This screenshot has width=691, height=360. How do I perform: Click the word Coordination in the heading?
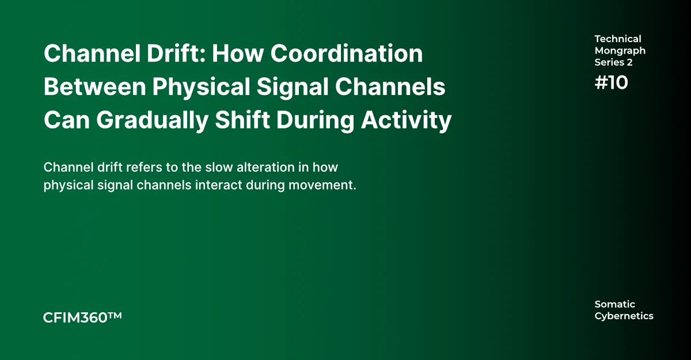click(x=347, y=54)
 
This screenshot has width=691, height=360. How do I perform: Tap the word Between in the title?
click(x=94, y=86)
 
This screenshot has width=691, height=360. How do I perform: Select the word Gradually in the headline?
click(x=153, y=120)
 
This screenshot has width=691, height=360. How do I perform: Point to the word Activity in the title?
click(x=406, y=120)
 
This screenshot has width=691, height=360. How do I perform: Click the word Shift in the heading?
click(x=242, y=120)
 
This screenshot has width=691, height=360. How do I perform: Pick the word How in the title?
click(x=237, y=54)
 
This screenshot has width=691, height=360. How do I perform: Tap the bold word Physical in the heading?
click(x=201, y=88)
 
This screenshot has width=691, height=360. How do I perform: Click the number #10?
click(x=611, y=83)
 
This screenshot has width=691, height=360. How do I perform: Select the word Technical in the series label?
click(x=617, y=39)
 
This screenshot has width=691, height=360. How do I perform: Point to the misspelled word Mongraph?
click(x=620, y=51)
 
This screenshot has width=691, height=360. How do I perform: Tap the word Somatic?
click(x=614, y=304)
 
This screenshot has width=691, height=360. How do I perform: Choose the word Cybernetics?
click(x=624, y=316)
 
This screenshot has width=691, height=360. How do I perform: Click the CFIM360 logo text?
click(x=75, y=318)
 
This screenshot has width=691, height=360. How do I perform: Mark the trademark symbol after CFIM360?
click(x=115, y=315)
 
